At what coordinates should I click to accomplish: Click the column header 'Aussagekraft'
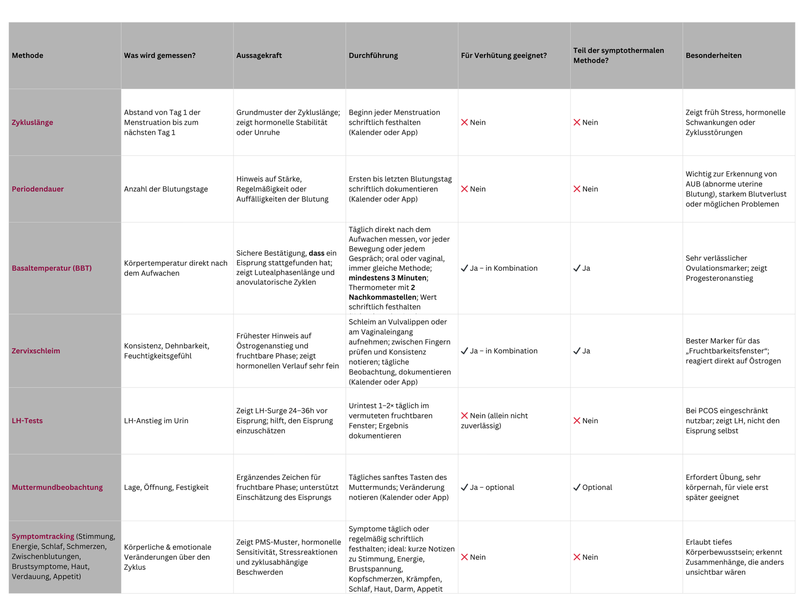coord(259,55)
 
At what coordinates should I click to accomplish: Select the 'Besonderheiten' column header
coord(713,55)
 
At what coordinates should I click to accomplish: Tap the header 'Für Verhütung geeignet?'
coord(504,55)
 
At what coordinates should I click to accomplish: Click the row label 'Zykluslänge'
coord(32,122)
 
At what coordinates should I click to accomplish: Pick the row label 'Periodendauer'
coord(38,189)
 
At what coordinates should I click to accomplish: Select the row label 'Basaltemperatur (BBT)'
coord(52,268)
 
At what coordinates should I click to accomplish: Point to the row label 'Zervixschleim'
coord(36,351)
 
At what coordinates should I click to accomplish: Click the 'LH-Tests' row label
coord(27,421)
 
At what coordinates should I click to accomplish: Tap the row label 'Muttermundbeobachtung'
coord(57,487)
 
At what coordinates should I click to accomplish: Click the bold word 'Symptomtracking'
coord(43,536)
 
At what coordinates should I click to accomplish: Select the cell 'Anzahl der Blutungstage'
coord(166,189)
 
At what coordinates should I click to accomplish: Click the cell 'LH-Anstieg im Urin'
coord(156,421)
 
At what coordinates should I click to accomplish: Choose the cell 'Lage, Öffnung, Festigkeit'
coord(166,487)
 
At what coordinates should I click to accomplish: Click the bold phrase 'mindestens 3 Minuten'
coord(387,278)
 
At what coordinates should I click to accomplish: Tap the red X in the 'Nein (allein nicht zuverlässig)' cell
coord(464,416)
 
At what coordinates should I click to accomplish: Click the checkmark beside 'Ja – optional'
coord(464,487)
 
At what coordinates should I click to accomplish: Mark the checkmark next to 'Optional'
coord(577,487)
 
